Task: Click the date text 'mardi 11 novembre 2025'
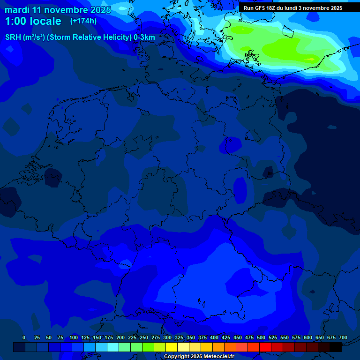coord(58,10)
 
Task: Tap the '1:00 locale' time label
coord(33,21)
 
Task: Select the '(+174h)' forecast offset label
coord(83,21)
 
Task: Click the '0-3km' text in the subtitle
coord(144,37)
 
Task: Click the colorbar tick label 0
coord(24,338)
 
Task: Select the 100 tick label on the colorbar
coord(74,338)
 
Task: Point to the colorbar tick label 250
coord(144,338)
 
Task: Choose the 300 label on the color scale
coord(167,338)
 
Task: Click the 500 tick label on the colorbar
coord(261,338)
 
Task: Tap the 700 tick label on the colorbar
coord(343,338)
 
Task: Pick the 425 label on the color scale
coord(226,338)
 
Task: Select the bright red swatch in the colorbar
coord(265,347)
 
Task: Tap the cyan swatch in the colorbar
coord(112,347)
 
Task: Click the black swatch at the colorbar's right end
coord(335,347)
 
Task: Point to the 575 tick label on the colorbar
coord(296,338)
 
